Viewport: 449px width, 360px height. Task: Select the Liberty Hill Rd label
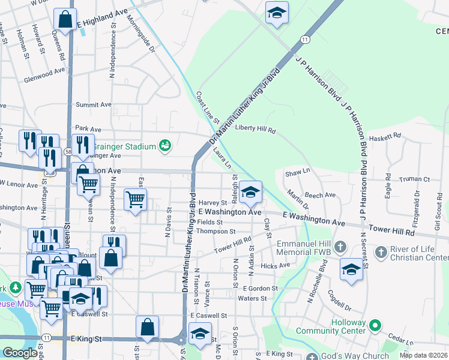click(255, 128)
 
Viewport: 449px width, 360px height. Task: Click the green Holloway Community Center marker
click(375, 326)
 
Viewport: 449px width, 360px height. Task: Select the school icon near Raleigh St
click(250, 193)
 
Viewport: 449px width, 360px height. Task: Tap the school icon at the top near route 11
click(277, 13)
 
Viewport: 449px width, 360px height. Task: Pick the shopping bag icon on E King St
click(147, 327)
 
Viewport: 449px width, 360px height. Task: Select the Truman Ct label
click(417, 179)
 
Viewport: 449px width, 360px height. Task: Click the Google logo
click(20, 353)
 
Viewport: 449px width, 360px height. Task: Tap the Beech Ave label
click(320, 195)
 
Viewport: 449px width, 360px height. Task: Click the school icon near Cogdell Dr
click(351, 269)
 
